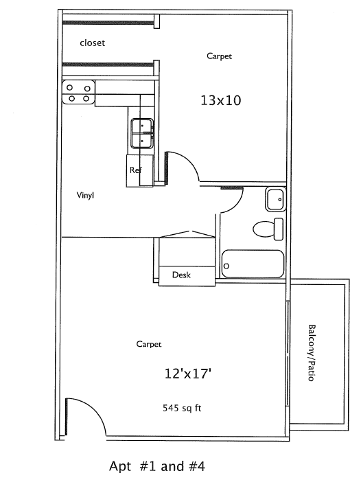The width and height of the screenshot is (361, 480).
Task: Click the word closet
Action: [x=93, y=43]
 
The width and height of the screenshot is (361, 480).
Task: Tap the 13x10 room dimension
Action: [x=220, y=100]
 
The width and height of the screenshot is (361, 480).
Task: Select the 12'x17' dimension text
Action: [x=188, y=374]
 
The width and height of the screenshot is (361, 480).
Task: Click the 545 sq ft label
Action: [x=182, y=408]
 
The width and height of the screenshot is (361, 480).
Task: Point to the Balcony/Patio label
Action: [x=311, y=353]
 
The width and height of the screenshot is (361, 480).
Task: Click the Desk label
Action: [x=181, y=275]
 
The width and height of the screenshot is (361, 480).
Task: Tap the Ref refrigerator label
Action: [x=135, y=170]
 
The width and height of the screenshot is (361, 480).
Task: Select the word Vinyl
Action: [x=85, y=195]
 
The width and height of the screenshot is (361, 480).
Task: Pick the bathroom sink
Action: [x=276, y=199]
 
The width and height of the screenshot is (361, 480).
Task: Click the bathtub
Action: [x=253, y=264]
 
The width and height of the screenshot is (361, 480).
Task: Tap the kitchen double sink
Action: [x=142, y=133]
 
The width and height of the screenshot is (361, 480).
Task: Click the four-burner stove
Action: [x=78, y=93]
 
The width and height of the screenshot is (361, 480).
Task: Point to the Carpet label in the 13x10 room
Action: [x=220, y=56]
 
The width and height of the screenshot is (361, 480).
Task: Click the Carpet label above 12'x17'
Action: [x=149, y=344]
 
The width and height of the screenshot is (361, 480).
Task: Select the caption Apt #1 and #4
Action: [x=157, y=466]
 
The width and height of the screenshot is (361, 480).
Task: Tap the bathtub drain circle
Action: [x=226, y=266]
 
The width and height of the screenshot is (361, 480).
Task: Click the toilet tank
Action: [x=279, y=229]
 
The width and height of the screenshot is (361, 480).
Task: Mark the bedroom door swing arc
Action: [x=190, y=160]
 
